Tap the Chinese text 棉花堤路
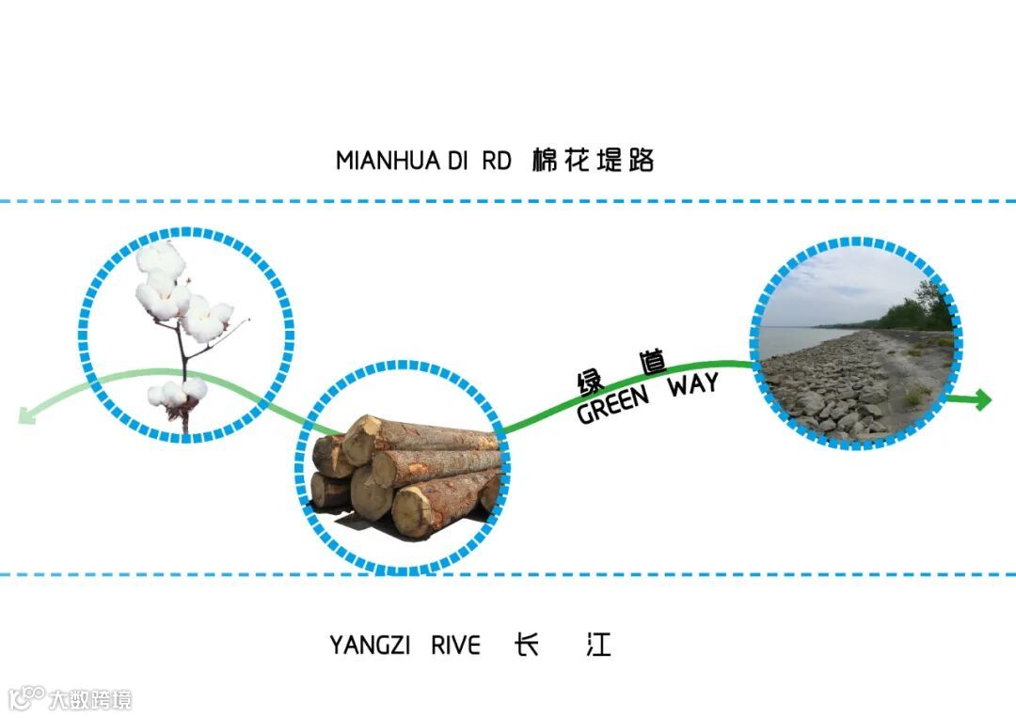pos(593,160)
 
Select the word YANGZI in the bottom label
pos(369,646)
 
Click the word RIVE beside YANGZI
pos(455,646)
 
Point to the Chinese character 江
pos(598,645)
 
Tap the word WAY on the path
pos(693,385)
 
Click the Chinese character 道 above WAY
pos(651,363)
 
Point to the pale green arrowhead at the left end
pos(27,413)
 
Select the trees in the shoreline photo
pos(917,310)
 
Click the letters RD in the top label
pos(496,161)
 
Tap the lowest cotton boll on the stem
pos(179,395)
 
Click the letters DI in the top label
pos(457,161)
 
